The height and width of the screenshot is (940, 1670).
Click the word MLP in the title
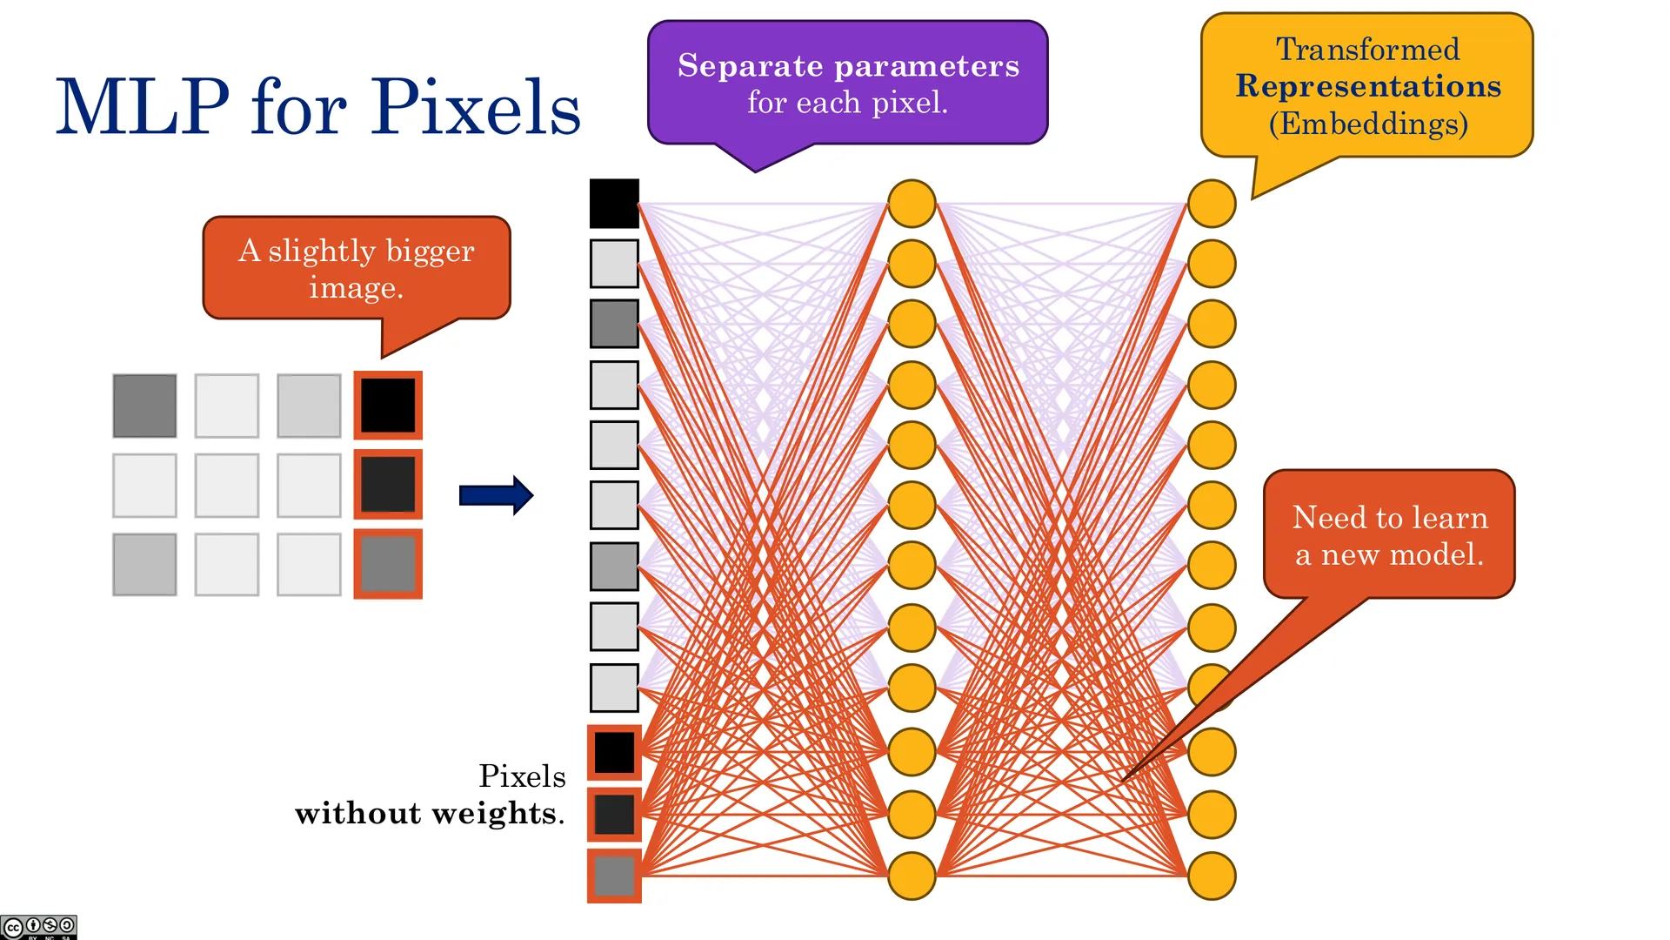pyautogui.click(x=143, y=106)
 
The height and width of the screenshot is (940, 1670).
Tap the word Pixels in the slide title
pyautogui.click(x=477, y=106)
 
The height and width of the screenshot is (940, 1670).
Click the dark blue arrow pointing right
pyautogui.click(x=496, y=495)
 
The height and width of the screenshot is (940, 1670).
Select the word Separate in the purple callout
pyautogui.click(x=750, y=66)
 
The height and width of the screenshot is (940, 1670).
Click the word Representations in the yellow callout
pyautogui.click(x=1368, y=86)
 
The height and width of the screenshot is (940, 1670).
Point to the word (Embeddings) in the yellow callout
pyautogui.click(x=1368, y=124)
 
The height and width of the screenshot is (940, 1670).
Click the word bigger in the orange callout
pyautogui.click(x=431, y=252)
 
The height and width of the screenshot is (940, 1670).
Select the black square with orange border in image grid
pyautogui.click(x=388, y=406)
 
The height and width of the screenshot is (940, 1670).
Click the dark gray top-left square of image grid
pyautogui.click(x=144, y=406)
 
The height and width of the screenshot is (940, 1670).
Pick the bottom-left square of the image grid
pyautogui.click(x=144, y=565)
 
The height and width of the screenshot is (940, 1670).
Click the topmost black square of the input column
pyautogui.click(x=614, y=204)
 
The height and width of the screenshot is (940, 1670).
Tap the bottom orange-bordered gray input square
pyautogui.click(x=614, y=876)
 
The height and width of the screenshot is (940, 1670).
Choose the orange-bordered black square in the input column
pyautogui.click(x=614, y=752)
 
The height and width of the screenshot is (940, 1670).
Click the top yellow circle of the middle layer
pyautogui.click(x=912, y=204)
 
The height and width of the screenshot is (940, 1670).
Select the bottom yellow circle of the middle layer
pyautogui.click(x=912, y=876)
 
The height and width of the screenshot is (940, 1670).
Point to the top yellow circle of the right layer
pyautogui.click(x=1212, y=204)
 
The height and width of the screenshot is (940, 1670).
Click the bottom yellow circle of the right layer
pyautogui.click(x=1212, y=876)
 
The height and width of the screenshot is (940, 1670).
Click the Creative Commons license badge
pyautogui.click(x=39, y=927)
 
